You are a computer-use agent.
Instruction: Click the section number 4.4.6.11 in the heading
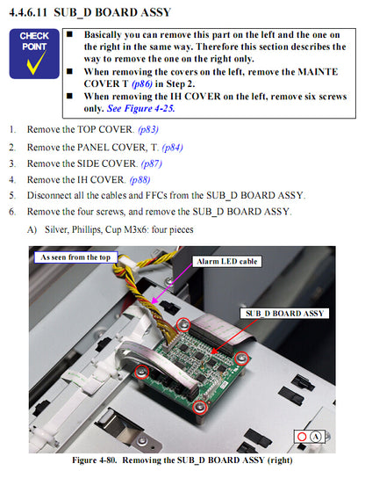point(28,12)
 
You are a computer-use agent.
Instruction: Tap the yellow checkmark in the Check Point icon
point(36,63)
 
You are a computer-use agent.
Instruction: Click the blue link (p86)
point(142,83)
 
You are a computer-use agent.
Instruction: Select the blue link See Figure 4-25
point(140,109)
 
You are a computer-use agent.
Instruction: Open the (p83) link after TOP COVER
point(148,129)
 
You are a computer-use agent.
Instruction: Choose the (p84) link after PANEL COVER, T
point(172,148)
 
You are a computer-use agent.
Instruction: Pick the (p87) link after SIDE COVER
point(151,164)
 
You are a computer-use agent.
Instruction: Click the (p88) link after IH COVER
point(140,180)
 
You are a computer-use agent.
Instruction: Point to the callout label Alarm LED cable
point(226,262)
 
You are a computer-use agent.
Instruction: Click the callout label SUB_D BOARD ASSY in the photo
point(284,314)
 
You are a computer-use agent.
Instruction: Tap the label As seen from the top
point(75,257)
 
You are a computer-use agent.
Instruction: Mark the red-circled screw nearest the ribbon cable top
point(183,324)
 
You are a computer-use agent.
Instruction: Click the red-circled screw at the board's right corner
point(241,358)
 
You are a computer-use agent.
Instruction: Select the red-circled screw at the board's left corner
point(141,372)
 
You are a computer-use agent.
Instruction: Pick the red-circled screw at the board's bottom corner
point(199,408)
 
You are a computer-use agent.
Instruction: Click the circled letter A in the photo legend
point(316,437)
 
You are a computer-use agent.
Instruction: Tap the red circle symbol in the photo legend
point(302,437)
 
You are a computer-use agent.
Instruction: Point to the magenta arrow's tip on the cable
point(152,303)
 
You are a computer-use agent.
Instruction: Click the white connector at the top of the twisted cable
point(127,262)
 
